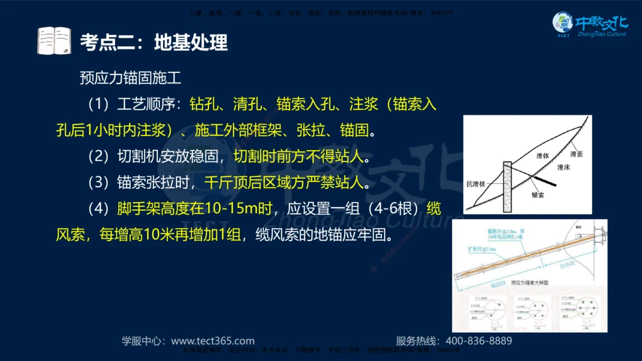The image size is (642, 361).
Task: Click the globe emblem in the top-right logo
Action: (563, 23)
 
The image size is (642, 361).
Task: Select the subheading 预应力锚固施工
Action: (130, 78)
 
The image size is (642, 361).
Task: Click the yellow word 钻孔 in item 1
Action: (204, 104)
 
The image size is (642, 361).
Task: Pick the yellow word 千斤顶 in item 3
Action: (225, 183)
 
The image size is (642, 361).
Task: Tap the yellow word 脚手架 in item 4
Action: (138, 209)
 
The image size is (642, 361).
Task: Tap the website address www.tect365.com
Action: (213, 341)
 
